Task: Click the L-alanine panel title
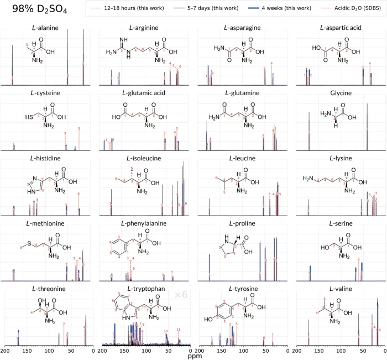click(x=48, y=28)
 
